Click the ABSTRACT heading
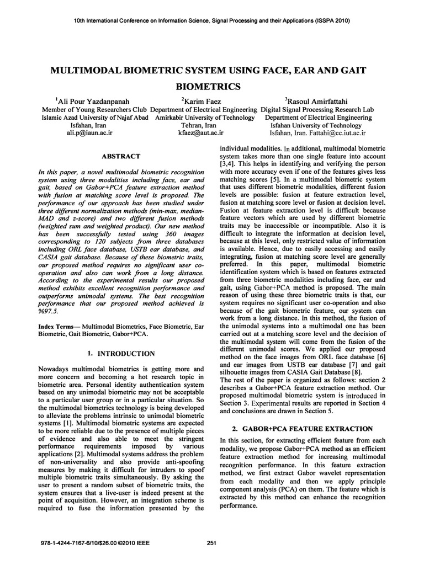pos(120,156)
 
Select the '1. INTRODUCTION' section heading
pos(121,353)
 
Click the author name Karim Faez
pos(203,101)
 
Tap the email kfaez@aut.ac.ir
pos(203,133)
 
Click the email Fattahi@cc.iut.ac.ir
pos(331,133)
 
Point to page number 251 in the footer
pos(211,543)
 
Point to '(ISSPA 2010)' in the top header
pos(331,20)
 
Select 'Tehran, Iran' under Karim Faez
pos(203,125)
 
